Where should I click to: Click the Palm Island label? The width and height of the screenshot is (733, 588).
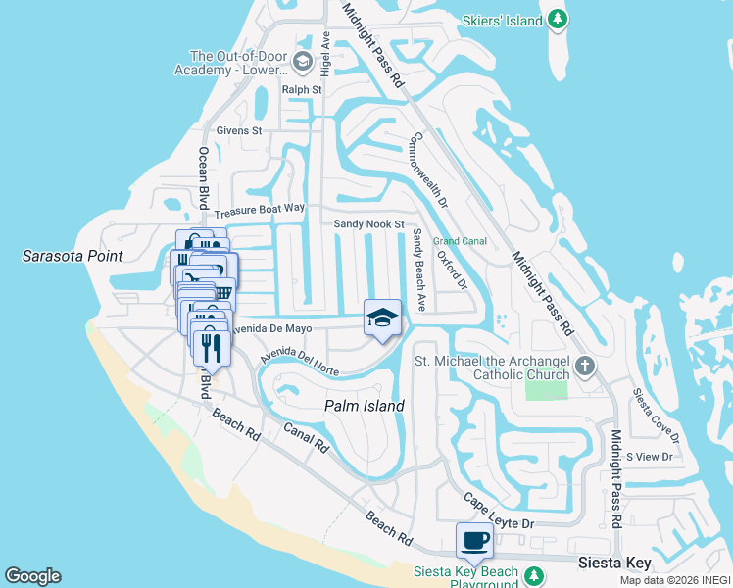point(365,406)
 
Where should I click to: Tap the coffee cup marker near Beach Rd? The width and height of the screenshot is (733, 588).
point(475,540)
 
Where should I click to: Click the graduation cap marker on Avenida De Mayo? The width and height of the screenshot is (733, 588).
point(383,318)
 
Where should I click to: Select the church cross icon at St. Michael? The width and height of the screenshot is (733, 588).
point(585,366)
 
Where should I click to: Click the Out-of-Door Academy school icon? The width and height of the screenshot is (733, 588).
point(303,64)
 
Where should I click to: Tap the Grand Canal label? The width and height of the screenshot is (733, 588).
point(461,240)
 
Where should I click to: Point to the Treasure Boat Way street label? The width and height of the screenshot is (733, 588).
point(260,210)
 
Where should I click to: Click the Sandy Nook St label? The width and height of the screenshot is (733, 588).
point(369,224)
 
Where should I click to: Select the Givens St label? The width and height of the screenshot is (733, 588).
point(239,130)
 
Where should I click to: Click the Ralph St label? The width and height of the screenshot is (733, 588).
point(302,89)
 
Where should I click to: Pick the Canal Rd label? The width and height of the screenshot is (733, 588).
point(306,437)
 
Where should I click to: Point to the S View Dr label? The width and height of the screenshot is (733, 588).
point(650,457)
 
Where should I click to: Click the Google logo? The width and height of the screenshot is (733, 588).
point(32,576)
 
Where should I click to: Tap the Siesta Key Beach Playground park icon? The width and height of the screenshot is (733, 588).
point(533,574)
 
